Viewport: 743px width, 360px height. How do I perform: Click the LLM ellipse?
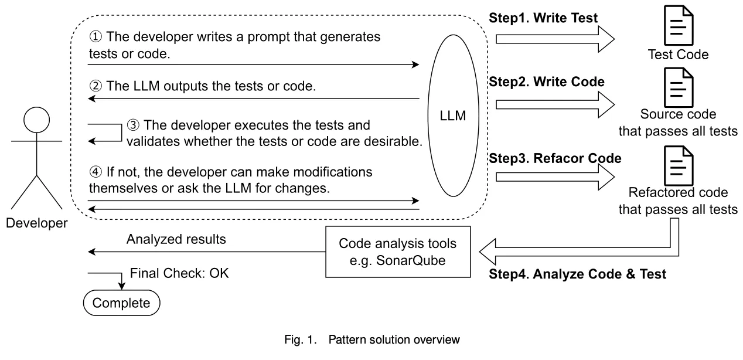[452, 116]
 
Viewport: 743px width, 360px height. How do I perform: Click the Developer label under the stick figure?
[36, 223]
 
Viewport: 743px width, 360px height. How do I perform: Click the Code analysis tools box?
[398, 252]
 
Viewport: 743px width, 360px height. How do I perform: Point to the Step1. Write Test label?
[543, 18]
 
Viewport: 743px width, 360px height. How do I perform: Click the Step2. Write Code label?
[546, 81]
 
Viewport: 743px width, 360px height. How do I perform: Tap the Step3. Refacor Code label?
[555, 158]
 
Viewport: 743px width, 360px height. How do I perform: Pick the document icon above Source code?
[679, 87]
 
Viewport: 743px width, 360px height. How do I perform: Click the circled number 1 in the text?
[95, 37]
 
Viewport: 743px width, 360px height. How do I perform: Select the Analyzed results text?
[176, 239]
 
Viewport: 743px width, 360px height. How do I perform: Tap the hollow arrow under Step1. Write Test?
[555, 39]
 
